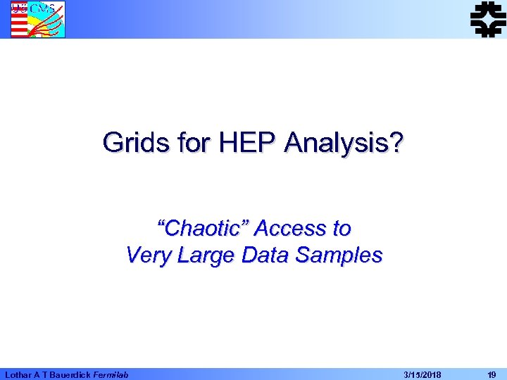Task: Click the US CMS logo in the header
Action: [x=37, y=19]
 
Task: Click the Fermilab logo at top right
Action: [x=488, y=18]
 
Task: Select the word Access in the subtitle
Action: [x=292, y=229]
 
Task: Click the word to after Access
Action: [x=342, y=229]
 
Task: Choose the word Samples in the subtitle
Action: [x=339, y=255]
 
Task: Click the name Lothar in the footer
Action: [x=18, y=374]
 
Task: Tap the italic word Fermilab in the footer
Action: [x=111, y=374]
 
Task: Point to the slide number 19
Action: [x=492, y=374]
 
